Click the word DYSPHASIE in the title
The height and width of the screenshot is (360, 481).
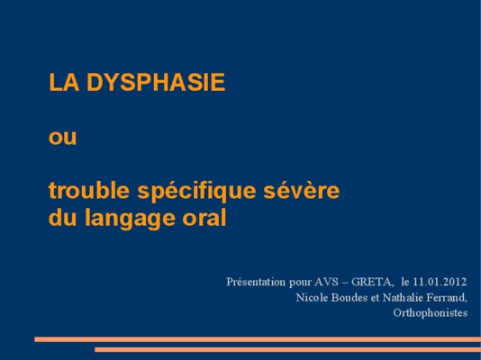coord(156,82)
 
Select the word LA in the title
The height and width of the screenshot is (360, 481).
coord(64,82)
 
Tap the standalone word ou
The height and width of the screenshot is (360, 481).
coord(62,138)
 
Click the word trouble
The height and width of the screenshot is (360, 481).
coord(89,190)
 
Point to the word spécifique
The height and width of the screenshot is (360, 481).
coord(196,192)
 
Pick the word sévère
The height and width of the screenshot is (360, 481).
coord(302,190)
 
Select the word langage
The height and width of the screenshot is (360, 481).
coord(131,219)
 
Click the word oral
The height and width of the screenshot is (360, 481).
coord(204,217)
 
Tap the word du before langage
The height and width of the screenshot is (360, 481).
coord(62,217)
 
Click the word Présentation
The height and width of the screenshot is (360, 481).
coord(256,282)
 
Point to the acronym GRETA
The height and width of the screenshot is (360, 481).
coord(371,282)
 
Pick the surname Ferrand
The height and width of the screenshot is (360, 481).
coord(447,298)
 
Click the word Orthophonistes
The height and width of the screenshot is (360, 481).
coord(430,313)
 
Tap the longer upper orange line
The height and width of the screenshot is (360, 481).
coord(258,339)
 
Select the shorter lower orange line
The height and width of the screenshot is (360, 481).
coord(287,349)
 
